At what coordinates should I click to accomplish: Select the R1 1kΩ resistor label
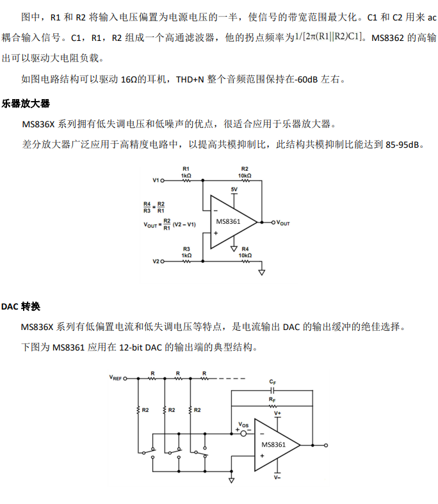tap(186, 171)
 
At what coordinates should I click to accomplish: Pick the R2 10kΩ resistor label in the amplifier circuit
tap(245, 171)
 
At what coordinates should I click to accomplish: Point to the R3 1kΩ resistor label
tap(186, 251)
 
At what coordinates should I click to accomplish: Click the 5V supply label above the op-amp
tap(234, 190)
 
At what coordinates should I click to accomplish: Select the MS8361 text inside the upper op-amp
tap(228, 222)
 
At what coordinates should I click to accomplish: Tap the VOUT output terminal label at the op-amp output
tap(283, 223)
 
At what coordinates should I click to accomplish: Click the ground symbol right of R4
tap(261, 271)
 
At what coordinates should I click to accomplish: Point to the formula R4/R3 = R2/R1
tap(154, 207)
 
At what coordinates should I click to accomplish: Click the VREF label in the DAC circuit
tap(115, 378)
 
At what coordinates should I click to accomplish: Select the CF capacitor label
tap(273, 381)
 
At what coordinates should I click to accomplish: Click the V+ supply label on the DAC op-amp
tap(277, 414)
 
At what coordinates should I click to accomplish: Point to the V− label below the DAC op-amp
tap(277, 477)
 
